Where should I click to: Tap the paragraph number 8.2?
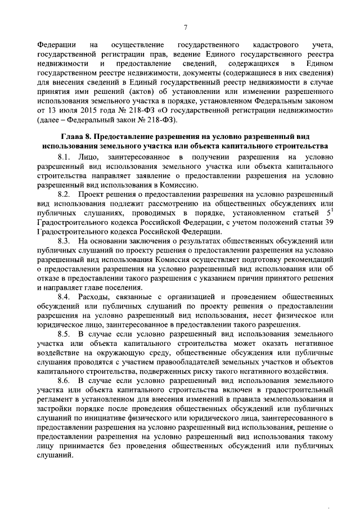(x=65, y=194)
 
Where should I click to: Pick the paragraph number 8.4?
(x=65, y=296)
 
